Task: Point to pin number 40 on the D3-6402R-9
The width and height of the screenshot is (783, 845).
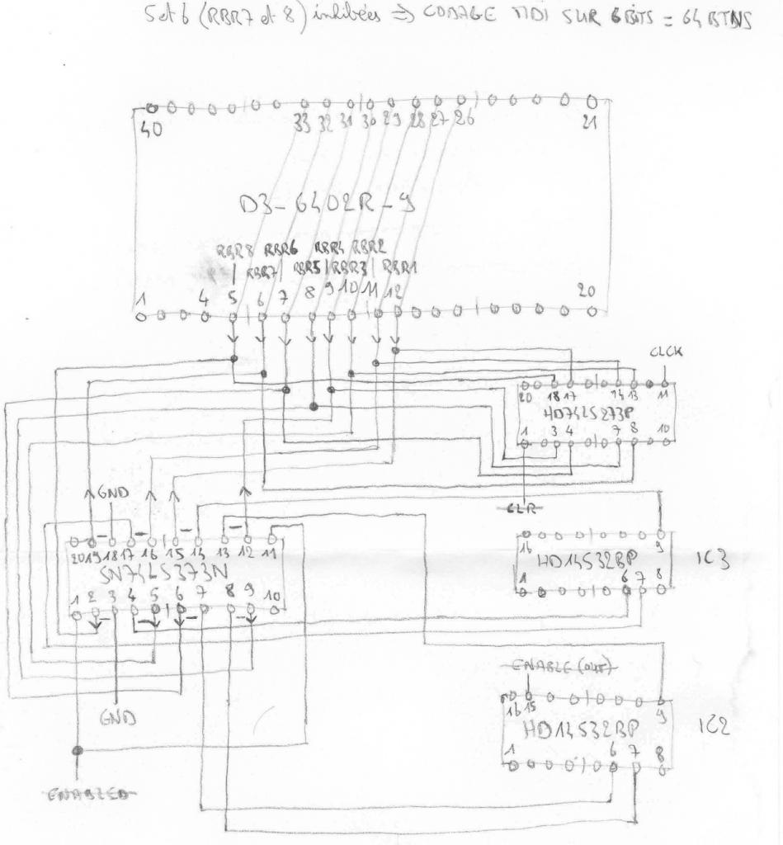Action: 151,129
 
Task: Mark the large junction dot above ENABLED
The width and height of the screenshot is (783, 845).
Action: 78,751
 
